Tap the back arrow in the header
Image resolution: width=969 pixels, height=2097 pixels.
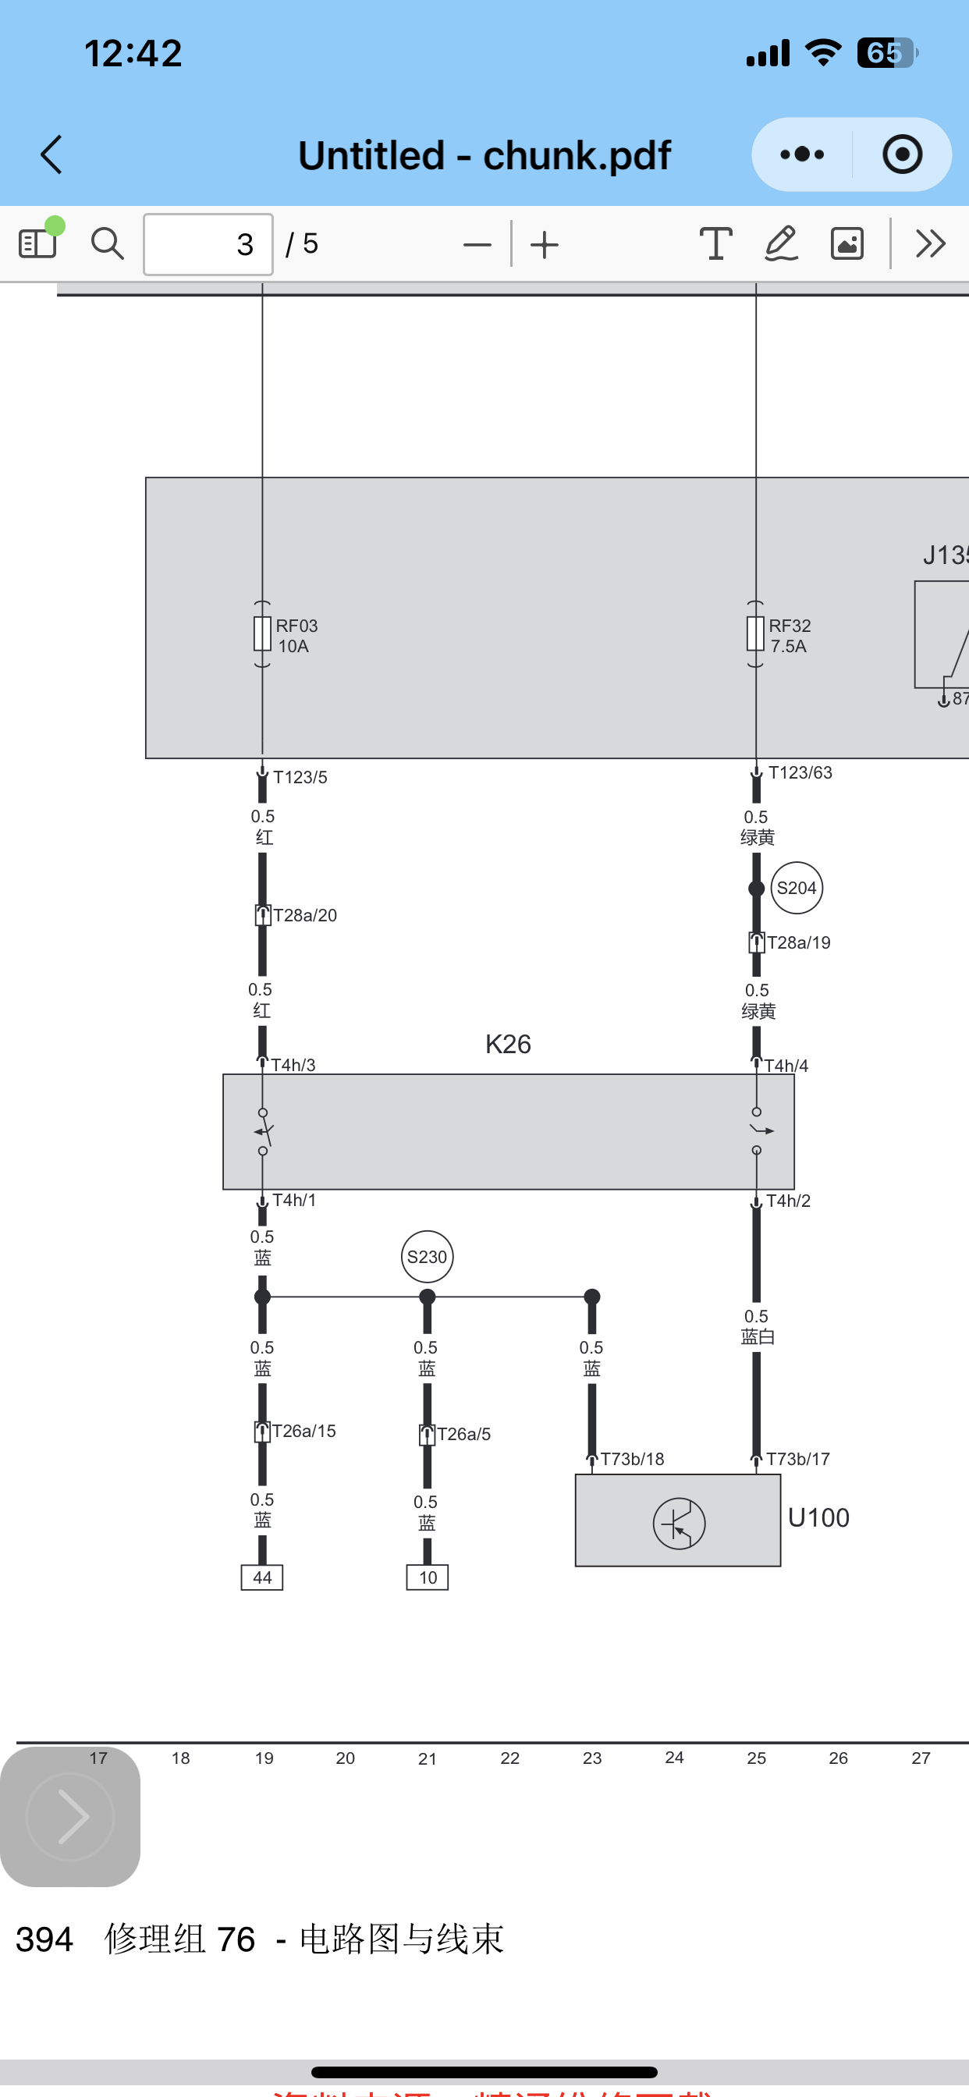click(x=52, y=154)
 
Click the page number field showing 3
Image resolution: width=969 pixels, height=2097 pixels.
click(x=208, y=244)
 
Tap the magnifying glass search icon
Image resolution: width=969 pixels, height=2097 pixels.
click(x=107, y=243)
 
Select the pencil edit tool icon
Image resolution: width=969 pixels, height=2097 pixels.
click(x=781, y=243)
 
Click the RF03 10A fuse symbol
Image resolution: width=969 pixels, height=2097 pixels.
click(x=262, y=634)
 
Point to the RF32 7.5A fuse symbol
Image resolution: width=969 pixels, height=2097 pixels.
click(x=756, y=634)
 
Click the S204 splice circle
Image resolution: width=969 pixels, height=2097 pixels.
click(x=797, y=888)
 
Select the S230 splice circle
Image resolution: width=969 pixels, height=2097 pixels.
click(x=428, y=1257)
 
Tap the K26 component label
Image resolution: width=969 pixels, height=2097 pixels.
click(x=508, y=1045)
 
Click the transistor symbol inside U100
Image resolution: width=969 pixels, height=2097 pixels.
click(x=679, y=1523)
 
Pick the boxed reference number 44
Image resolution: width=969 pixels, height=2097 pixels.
click(x=262, y=1577)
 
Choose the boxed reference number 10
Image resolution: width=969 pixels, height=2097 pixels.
click(x=428, y=1577)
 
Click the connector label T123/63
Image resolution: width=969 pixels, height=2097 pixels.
click(x=800, y=772)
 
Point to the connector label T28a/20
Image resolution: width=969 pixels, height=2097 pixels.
click(x=304, y=916)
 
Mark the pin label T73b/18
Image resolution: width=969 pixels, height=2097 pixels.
click(x=632, y=1459)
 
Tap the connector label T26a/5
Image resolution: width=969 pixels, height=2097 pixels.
click(x=463, y=1435)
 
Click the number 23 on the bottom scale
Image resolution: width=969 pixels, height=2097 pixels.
click(x=592, y=1758)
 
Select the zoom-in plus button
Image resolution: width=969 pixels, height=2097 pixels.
click(x=545, y=244)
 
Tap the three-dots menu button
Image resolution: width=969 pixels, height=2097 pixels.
click(x=802, y=154)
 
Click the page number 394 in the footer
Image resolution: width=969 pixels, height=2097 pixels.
click(x=44, y=1940)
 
